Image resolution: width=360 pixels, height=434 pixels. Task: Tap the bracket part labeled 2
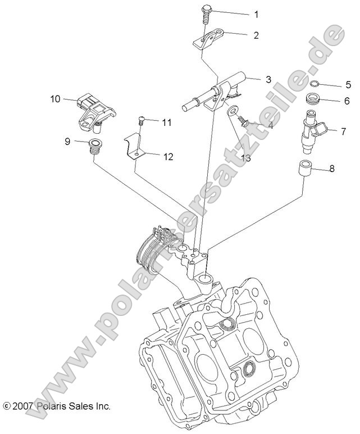[x=212, y=39]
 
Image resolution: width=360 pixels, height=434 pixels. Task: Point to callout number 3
[x=268, y=80]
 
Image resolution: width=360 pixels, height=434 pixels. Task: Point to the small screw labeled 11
[x=142, y=119]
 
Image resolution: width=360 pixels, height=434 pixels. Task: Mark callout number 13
[x=245, y=159]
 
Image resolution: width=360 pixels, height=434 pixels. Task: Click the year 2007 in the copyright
[x=24, y=405]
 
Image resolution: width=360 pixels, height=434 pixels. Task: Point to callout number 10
[x=54, y=99]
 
